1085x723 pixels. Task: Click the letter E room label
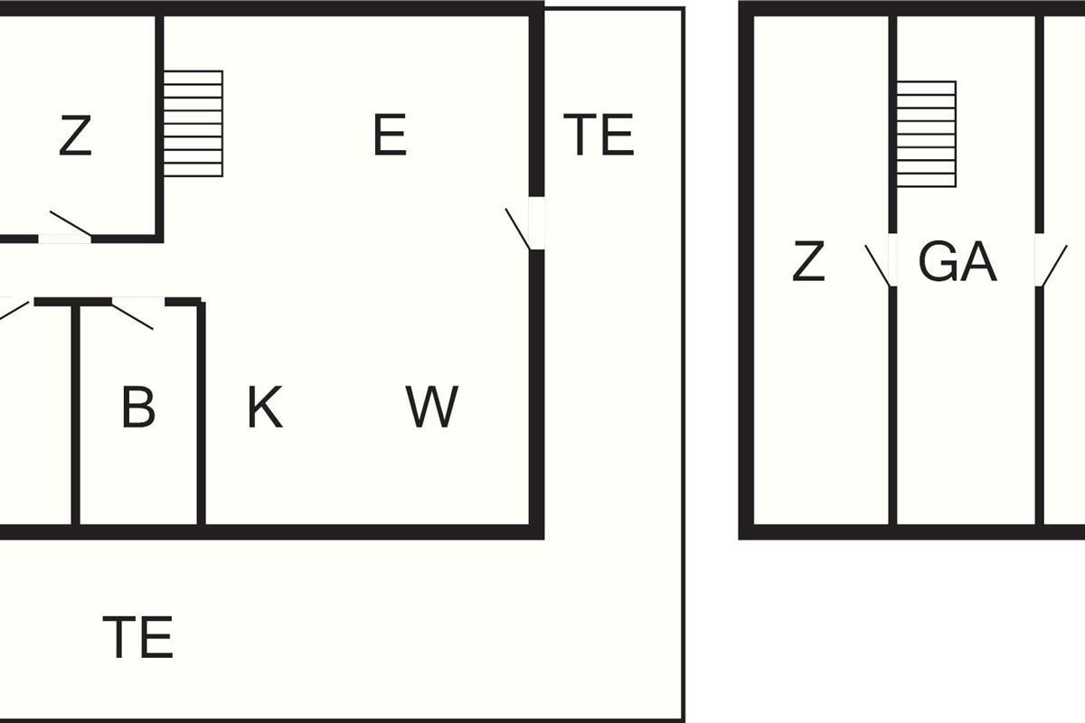[390, 136]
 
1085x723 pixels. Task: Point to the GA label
[957, 263]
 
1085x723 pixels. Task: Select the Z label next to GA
[808, 263]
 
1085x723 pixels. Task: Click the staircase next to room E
[193, 123]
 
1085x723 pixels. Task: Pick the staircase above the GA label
[926, 134]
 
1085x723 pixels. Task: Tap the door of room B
[132, 314]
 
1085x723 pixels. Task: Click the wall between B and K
[201, 416]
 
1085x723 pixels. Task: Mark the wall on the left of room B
[76, 416]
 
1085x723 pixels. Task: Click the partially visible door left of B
[13, 310]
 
